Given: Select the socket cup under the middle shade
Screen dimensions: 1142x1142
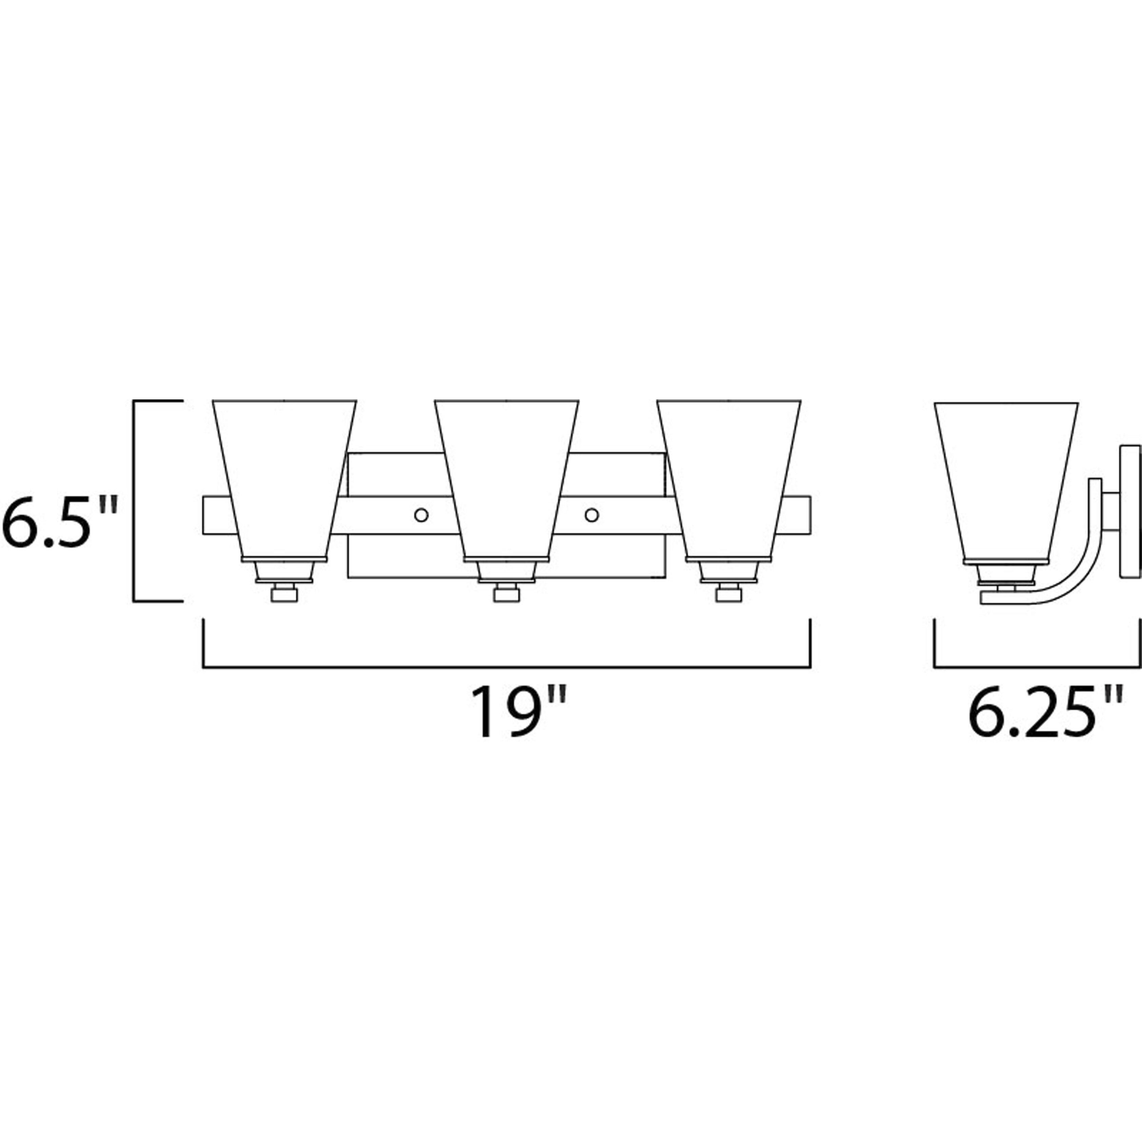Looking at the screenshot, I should (507, 571).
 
